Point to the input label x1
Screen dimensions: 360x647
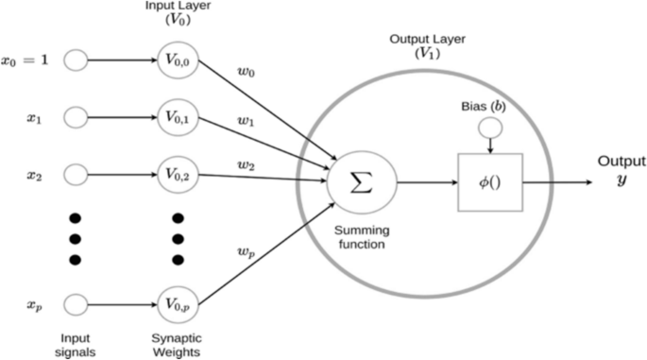point(36,118)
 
